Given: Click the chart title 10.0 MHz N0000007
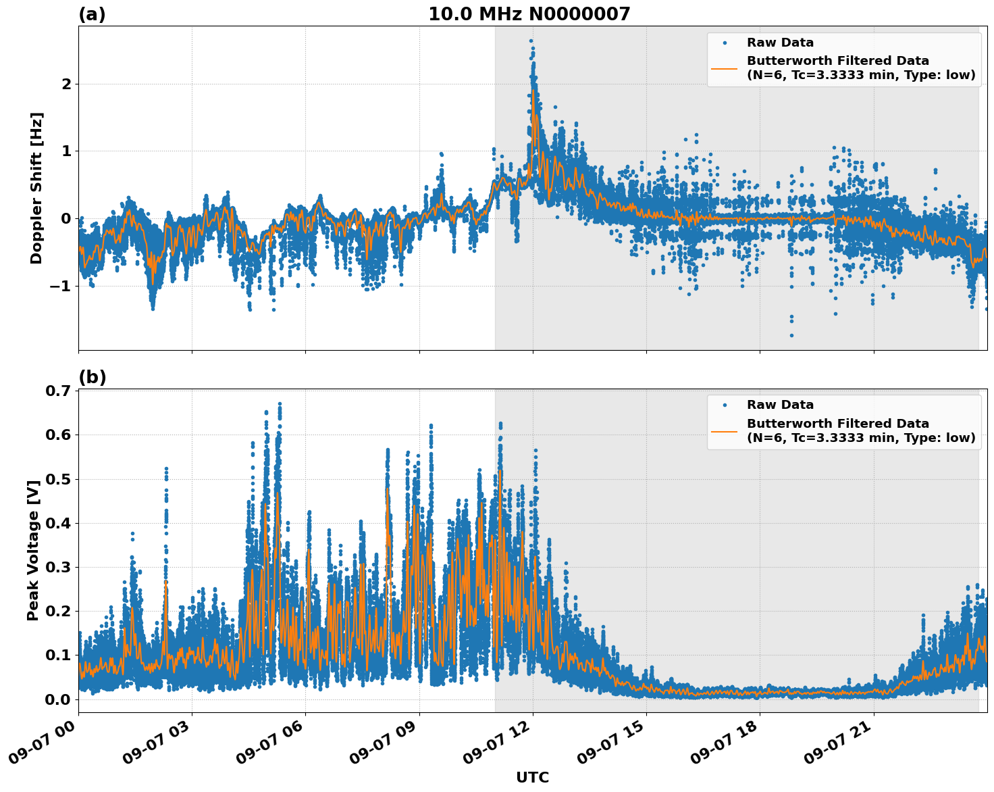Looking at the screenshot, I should tap(529, 14).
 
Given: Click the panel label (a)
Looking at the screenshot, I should tap(92, 14).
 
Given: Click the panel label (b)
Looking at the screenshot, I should tap(92, 377).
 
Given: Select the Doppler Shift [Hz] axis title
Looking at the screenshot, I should tap(36, 188).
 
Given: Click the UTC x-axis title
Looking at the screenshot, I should tap(532, 777).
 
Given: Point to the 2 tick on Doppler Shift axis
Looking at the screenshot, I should tap(66, 84).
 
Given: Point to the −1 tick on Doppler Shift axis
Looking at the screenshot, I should tap(61, 286).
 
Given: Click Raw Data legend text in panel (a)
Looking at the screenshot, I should tap(780, 43).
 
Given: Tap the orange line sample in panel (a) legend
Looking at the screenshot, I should tap(724, 68).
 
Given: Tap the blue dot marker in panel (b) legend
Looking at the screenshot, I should tap(724, 405).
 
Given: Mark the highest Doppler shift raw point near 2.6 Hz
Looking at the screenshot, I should tap(531, 41).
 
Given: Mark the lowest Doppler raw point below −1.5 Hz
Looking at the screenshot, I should tap(791, 335).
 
